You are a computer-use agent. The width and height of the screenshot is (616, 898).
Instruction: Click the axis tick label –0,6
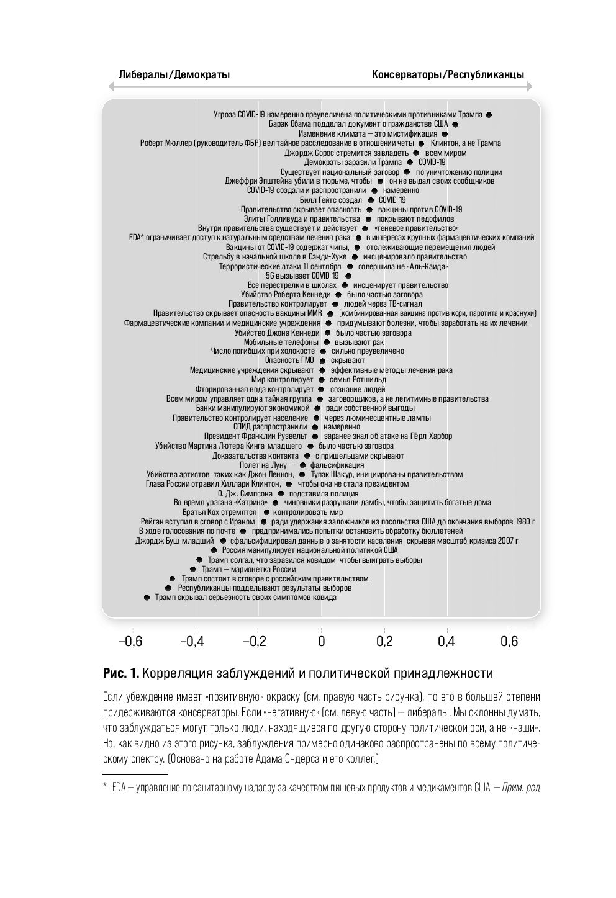(130, 641)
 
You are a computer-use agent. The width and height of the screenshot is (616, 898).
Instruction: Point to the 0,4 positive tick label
(446, 641)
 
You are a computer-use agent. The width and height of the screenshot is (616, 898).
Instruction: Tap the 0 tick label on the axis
(321, 641)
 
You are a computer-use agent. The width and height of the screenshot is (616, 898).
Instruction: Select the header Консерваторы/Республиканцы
(448, 75)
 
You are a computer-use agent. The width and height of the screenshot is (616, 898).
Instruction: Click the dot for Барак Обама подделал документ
(455, 124)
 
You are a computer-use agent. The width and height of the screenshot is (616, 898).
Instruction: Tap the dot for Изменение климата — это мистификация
(445, 133)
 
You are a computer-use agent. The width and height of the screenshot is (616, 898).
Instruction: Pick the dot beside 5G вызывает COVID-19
(348, 276)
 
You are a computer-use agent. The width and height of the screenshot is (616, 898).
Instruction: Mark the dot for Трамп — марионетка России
(193, 569)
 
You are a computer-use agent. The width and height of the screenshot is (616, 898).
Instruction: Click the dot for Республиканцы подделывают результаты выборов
(168, 588)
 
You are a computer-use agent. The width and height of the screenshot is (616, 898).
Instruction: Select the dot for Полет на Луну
(302, 465)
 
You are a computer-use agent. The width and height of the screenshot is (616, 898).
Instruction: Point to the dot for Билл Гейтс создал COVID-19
(371, 200)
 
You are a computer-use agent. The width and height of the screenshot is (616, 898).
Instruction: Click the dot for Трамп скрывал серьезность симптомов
(147, 598)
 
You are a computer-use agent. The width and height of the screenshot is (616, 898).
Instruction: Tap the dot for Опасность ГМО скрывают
(322, 361)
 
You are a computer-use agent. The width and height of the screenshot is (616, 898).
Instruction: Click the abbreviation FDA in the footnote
(119, 788)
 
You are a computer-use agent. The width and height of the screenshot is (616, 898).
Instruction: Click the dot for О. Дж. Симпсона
(281, 493)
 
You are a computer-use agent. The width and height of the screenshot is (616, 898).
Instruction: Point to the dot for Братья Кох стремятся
(266, 513)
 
